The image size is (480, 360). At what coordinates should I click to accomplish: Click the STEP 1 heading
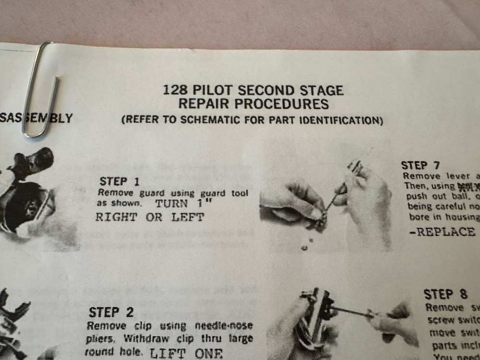pyautogui.click(x=113, y=181)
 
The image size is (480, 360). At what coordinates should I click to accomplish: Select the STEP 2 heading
pyautogui.click(x=111, y=312)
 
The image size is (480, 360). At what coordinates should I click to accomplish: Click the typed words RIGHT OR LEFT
pyautogui.click(x=150, y=217)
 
